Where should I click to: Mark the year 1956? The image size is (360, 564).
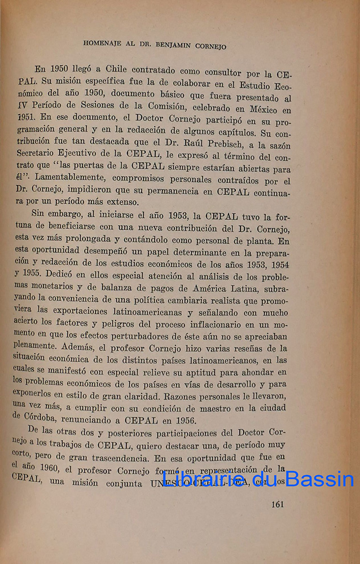click(181, 420)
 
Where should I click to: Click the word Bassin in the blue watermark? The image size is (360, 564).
click(319, 479)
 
